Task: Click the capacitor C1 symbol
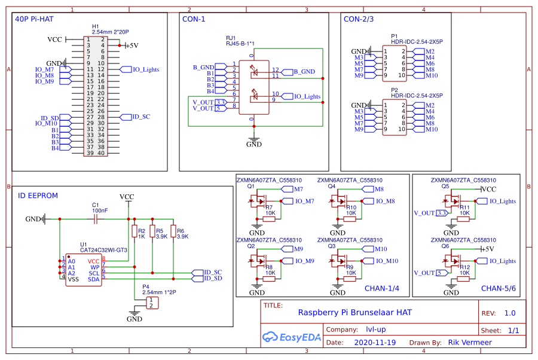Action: tap(96, 219)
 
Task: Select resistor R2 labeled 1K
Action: tap(134, 233)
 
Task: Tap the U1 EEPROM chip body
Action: tap(83, 270)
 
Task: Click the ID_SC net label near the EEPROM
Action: tap(213, 272)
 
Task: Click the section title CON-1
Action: tap(194, 19)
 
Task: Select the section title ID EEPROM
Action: tap(38, 196)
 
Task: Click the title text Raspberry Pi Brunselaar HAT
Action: tap(354, 312)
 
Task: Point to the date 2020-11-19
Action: tap(375, 343)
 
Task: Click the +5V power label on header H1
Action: tap(130, 45)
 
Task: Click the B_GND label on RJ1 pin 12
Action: tap(304, 72)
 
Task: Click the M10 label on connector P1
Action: tap(432, 75)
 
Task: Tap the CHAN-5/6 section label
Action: tap(498, 288)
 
